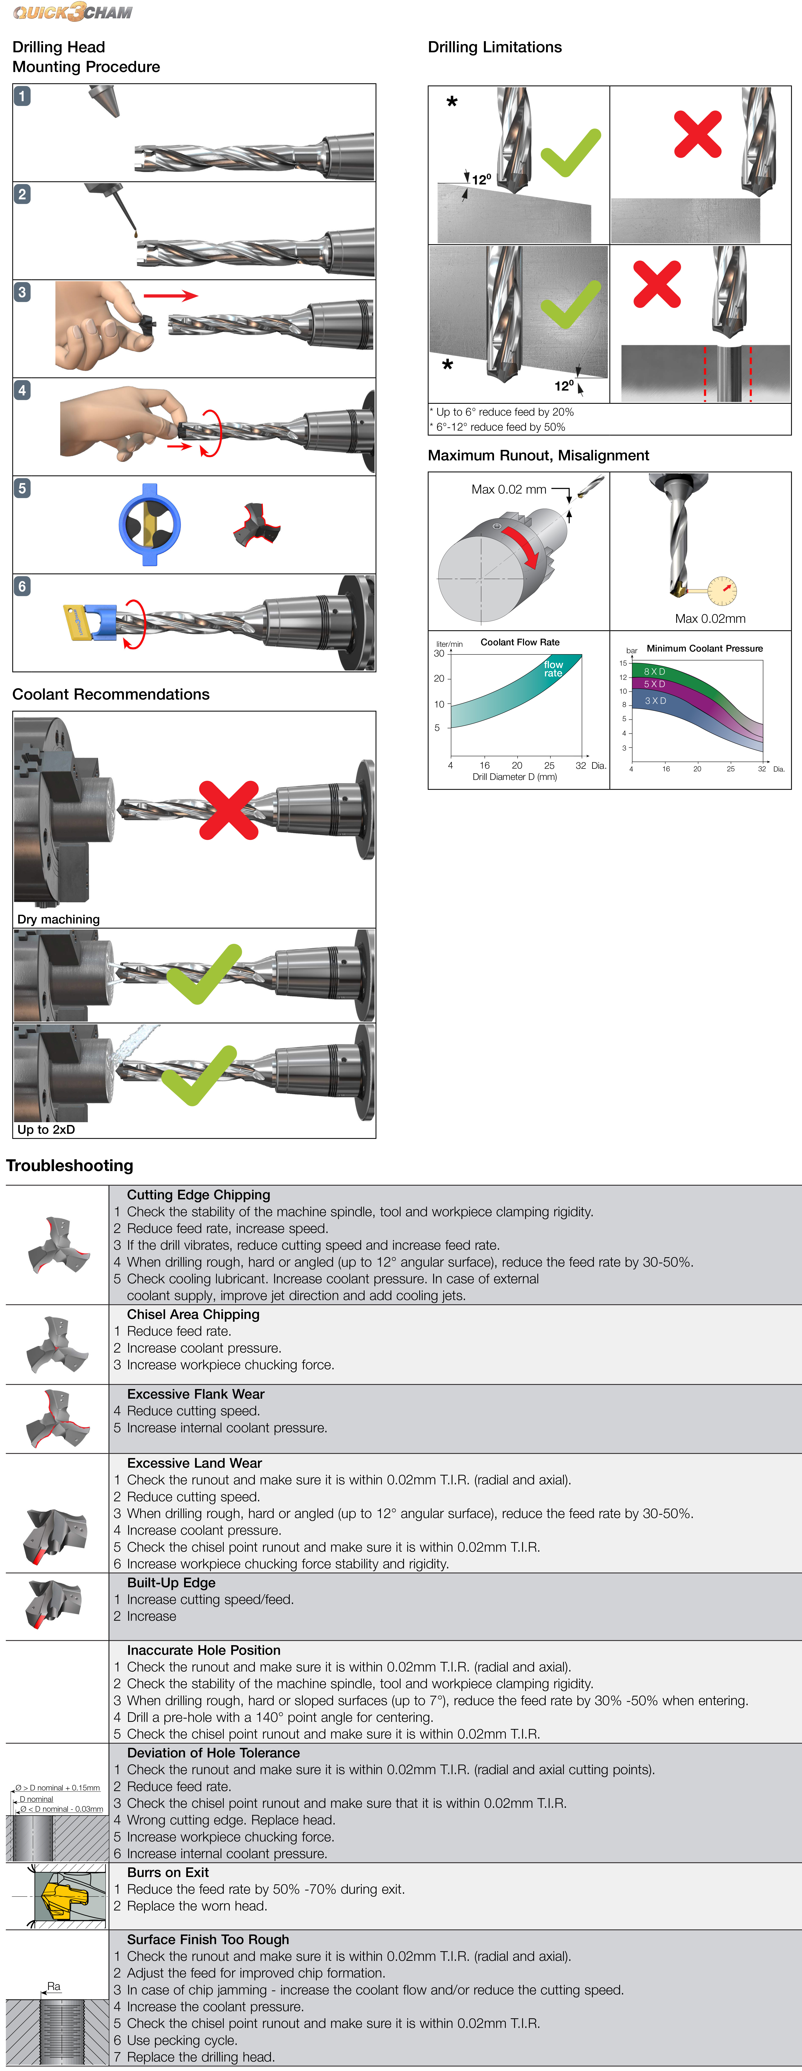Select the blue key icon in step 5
149,524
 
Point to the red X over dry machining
229,809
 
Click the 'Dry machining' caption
59,919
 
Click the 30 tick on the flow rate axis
439,654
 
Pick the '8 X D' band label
654,671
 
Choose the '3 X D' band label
655,701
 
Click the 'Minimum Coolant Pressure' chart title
705,648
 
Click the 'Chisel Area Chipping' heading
193,1314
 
